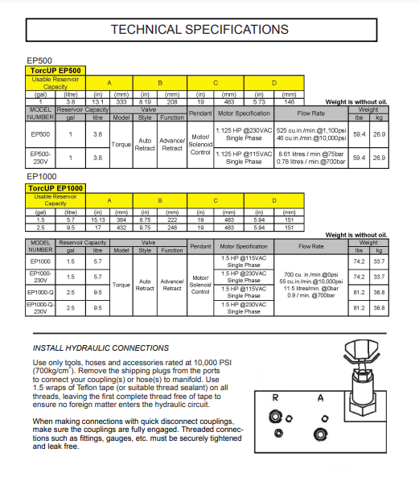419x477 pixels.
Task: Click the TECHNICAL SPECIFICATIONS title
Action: click(x=199, y=30)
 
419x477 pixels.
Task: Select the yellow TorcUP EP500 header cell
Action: click(x=55, y=71)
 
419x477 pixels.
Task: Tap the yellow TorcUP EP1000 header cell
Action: click(x=55, y=188)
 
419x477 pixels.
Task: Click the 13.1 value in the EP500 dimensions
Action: click(x=97, y=102)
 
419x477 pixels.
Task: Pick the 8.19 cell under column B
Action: click(x=145, y=102)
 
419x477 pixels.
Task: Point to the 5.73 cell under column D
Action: click(x=259, y=102)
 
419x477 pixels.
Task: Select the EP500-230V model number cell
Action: click(x=40, y=158)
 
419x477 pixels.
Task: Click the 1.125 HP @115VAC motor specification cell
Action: click(x=244, y=158)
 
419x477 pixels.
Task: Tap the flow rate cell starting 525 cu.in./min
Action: click(x=311, y=134)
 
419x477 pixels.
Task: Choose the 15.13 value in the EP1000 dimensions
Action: click(x=97, y=220)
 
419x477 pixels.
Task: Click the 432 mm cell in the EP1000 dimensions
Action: click(x=121, y=228)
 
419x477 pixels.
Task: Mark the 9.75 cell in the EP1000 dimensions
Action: click(x=145, y=228)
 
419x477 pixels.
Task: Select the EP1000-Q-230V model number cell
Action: click(x=40, y=308)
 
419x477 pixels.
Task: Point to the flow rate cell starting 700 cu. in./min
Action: click(x=311, y=285)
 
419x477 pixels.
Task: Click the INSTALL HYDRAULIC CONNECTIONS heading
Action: click(x=101, y=348)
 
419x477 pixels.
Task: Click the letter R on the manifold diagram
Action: click(x=275, y=397)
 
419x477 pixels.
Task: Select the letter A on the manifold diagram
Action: click(x=321, y=397)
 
